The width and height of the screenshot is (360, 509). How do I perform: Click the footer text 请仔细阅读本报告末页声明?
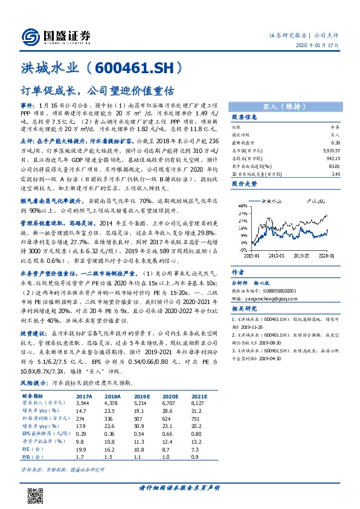pyautogui.click(x=179, y=488)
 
